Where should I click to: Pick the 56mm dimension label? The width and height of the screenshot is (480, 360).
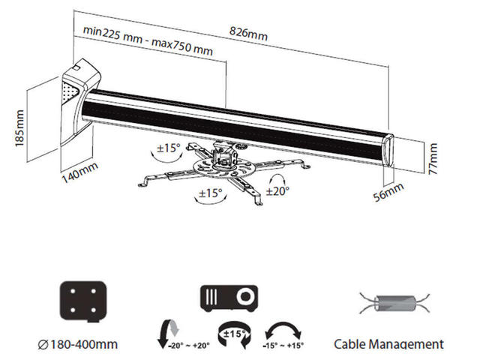[389, 194]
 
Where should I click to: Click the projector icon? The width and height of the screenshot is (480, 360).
[229, 298]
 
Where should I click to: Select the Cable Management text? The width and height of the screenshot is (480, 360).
[388, 344]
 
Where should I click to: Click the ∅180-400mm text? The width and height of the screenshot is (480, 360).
[77, 345]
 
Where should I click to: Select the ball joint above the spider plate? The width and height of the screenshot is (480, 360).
[223, 154]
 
